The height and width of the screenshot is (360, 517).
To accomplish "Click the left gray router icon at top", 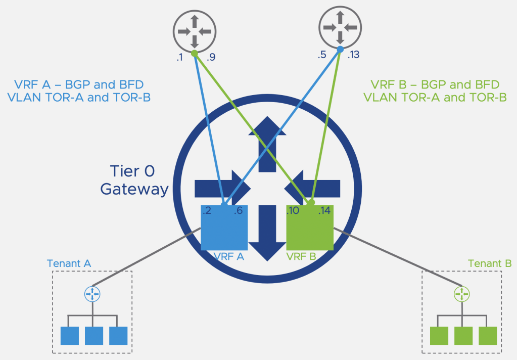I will coord(195,31).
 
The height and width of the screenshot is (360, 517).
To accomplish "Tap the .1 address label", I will coord(179,58).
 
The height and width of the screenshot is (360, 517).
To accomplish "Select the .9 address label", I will coord(211,58).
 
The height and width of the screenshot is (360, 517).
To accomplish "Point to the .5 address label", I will coord(322,55).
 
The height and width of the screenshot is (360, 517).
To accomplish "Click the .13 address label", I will coord(354,55).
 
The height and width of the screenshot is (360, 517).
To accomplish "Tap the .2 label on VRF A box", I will coord(207,211).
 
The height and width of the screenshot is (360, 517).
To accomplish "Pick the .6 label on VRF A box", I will coord(238,211).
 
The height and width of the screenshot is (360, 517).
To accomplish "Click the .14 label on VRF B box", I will coord(324,211).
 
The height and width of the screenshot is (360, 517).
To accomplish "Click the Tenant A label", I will coord(69,263).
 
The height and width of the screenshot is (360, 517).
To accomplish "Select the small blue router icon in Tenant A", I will coord(92,293).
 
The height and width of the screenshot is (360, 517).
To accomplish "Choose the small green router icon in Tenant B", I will coord(462,293).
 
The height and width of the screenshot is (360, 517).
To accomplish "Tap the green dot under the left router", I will coord(195,53).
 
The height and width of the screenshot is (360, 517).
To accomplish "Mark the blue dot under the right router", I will coord(341,50).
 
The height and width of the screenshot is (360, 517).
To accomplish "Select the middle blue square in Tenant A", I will coord(94,336).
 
